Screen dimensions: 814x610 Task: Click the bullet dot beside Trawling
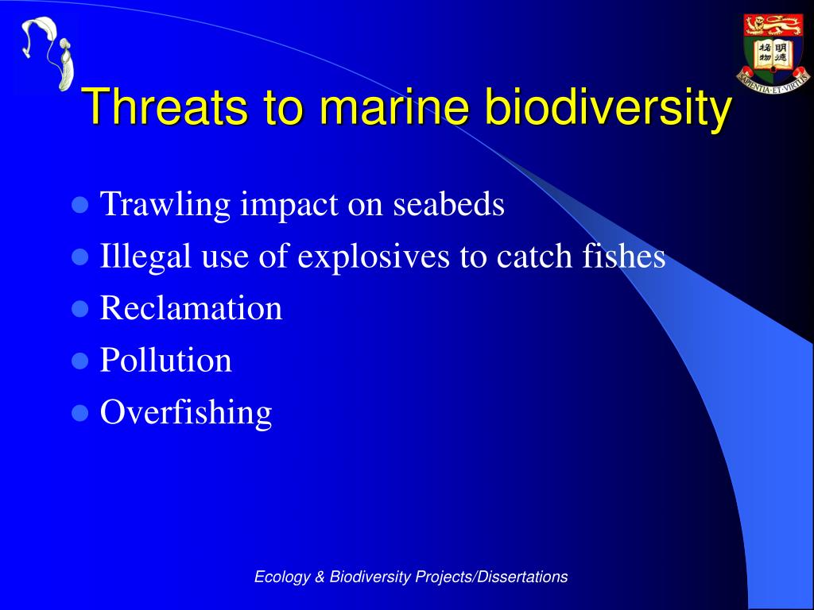click(x=79, y=204)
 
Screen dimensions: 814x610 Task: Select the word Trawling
click(x=165, y=204)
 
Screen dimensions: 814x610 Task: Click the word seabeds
click(x=448, y=203)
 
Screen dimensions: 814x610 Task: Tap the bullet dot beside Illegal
click(x=79, y=257)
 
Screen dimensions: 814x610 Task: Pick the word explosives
click(x=374, y=257)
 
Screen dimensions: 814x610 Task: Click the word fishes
click(x=623, y=256)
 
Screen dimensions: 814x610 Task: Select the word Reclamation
click(x=191, y=307)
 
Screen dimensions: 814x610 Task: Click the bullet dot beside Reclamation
click(x=79, y=309)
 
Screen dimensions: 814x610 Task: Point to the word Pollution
click(x=165, y=360)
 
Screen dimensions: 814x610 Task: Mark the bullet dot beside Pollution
click(x=79, y=361)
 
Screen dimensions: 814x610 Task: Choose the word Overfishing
click(x=186, y=413)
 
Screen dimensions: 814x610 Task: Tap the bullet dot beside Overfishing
click(x=79, y=413)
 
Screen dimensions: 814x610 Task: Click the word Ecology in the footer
click(x=282, y=577)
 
